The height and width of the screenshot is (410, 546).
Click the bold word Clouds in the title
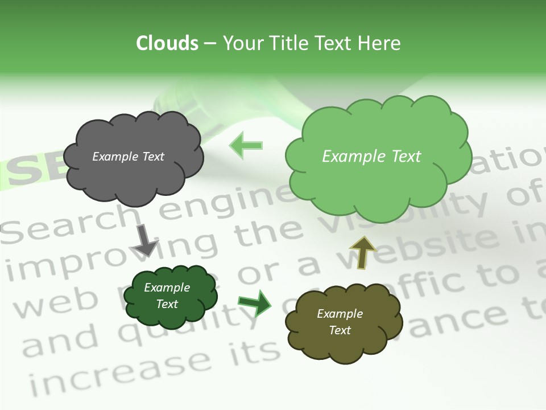click(x=167, y=43)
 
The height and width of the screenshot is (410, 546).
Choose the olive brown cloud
click(x=341, y=342)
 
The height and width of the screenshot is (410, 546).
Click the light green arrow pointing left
click(x=246, y=146)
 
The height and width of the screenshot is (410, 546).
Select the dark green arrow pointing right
click(x=254, y=304)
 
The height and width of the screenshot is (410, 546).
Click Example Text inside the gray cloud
click(x=128, y=157)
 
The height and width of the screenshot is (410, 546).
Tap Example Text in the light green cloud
click(x=371, y=157)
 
